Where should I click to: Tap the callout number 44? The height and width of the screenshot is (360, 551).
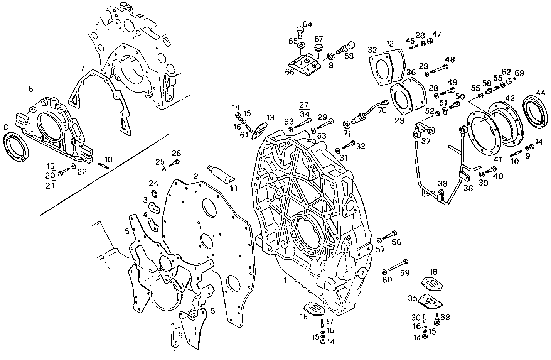(541, 93)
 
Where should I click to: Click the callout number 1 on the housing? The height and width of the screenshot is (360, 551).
(285, 281)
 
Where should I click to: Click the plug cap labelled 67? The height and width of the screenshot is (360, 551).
(318, 48)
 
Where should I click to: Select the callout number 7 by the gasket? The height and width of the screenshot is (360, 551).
(82, 68)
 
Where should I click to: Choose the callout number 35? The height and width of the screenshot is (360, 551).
(413, 298)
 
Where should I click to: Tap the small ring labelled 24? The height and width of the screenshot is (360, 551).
(154, 193)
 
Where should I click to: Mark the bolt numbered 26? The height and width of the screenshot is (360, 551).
(174, 164)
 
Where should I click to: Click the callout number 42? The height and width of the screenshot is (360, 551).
(510, 98)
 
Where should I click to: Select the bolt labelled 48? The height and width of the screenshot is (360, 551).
(437, 69)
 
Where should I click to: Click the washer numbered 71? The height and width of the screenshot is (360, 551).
(347, 124)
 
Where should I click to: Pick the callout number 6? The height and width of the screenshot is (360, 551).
(31, 89)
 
